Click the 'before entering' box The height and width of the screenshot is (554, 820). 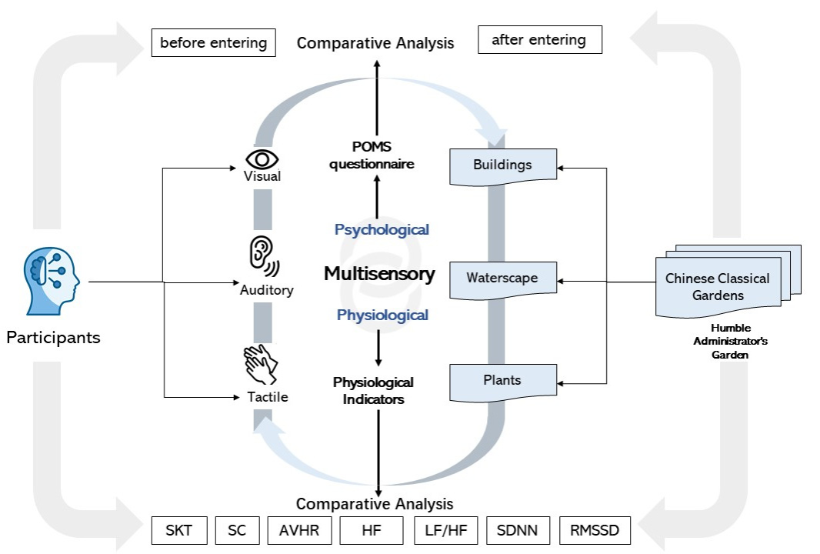coord(214,42)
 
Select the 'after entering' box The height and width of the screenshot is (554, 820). coord(538,40)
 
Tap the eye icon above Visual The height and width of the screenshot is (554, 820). coord(262,159)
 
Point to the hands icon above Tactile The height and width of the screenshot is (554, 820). coord(262,365)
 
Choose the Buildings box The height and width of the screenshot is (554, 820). coord(502,165)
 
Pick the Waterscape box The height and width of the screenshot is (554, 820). coord(502,278)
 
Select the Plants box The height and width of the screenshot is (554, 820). coord(502,381)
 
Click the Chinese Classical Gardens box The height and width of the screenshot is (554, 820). coord(717,287)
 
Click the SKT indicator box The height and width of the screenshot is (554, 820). coord(178,530)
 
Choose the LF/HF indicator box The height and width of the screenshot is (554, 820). coord(446,530)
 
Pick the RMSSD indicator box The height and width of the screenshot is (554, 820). coord(595,530)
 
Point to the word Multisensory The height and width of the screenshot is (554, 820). coord(379,274)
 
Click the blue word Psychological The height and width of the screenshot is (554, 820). coord(382,229)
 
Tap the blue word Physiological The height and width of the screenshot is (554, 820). coord(382,315)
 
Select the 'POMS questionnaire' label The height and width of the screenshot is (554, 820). coord(373,156)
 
